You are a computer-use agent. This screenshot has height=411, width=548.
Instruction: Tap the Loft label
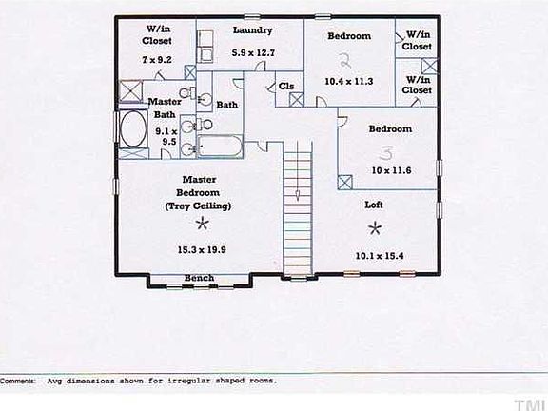(374, 205)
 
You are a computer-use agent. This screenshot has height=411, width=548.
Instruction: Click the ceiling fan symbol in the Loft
(374, 227)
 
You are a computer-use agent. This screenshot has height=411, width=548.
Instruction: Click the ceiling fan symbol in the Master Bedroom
(201, 224)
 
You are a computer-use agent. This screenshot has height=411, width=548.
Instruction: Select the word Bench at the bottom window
(199, 278)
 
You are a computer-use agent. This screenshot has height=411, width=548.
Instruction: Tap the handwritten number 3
(386, 151)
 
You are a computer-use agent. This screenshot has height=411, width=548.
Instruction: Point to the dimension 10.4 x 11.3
(348, 82)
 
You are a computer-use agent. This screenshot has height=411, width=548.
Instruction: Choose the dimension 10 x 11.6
(390, 169)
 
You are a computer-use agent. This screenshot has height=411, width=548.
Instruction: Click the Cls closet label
(286, 87)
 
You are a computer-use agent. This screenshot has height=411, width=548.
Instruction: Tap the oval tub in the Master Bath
(128, 131)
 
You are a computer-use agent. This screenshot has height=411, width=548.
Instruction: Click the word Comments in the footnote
(18, 380)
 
